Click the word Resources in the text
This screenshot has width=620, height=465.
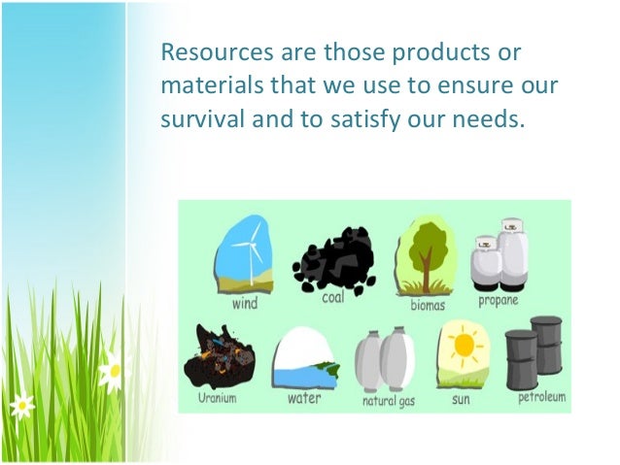pos(205,50)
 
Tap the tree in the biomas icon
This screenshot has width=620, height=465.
pos(426,252)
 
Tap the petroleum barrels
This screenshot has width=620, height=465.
pos(534,357)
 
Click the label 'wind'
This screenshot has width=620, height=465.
pos(245,303)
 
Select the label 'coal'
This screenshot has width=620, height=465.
pos(332,297)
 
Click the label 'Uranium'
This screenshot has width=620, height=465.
pos(216,398)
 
